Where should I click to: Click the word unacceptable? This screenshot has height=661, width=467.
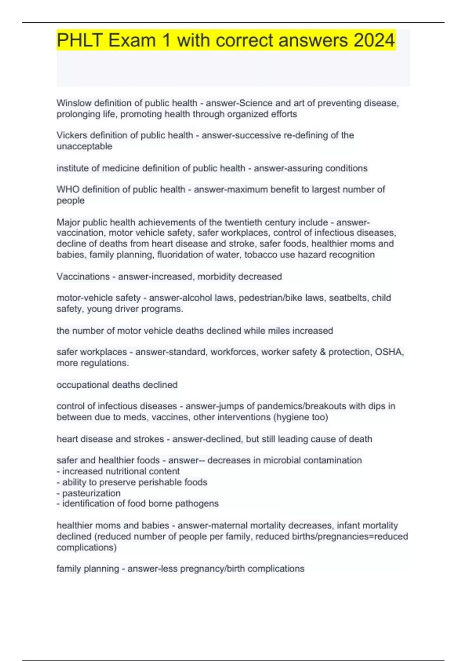point(84,146)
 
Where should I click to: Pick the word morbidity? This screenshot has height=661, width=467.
point(216,276)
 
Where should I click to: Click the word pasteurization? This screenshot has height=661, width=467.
point(91,493)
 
